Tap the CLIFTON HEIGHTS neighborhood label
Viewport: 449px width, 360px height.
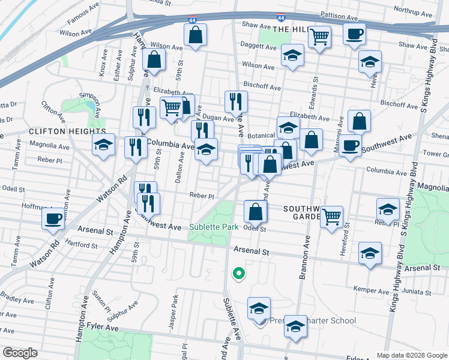coord(67,131)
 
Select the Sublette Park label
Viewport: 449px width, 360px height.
coord(214,227)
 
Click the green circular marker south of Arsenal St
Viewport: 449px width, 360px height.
coord(238,274)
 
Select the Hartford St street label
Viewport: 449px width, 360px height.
coord(82,245)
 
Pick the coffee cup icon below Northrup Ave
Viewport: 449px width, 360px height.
coord(354,33)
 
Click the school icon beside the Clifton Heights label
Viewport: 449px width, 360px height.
coord(103,145)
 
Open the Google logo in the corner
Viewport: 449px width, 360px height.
coord(20,353)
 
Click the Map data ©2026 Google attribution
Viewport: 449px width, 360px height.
coord(411,355)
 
